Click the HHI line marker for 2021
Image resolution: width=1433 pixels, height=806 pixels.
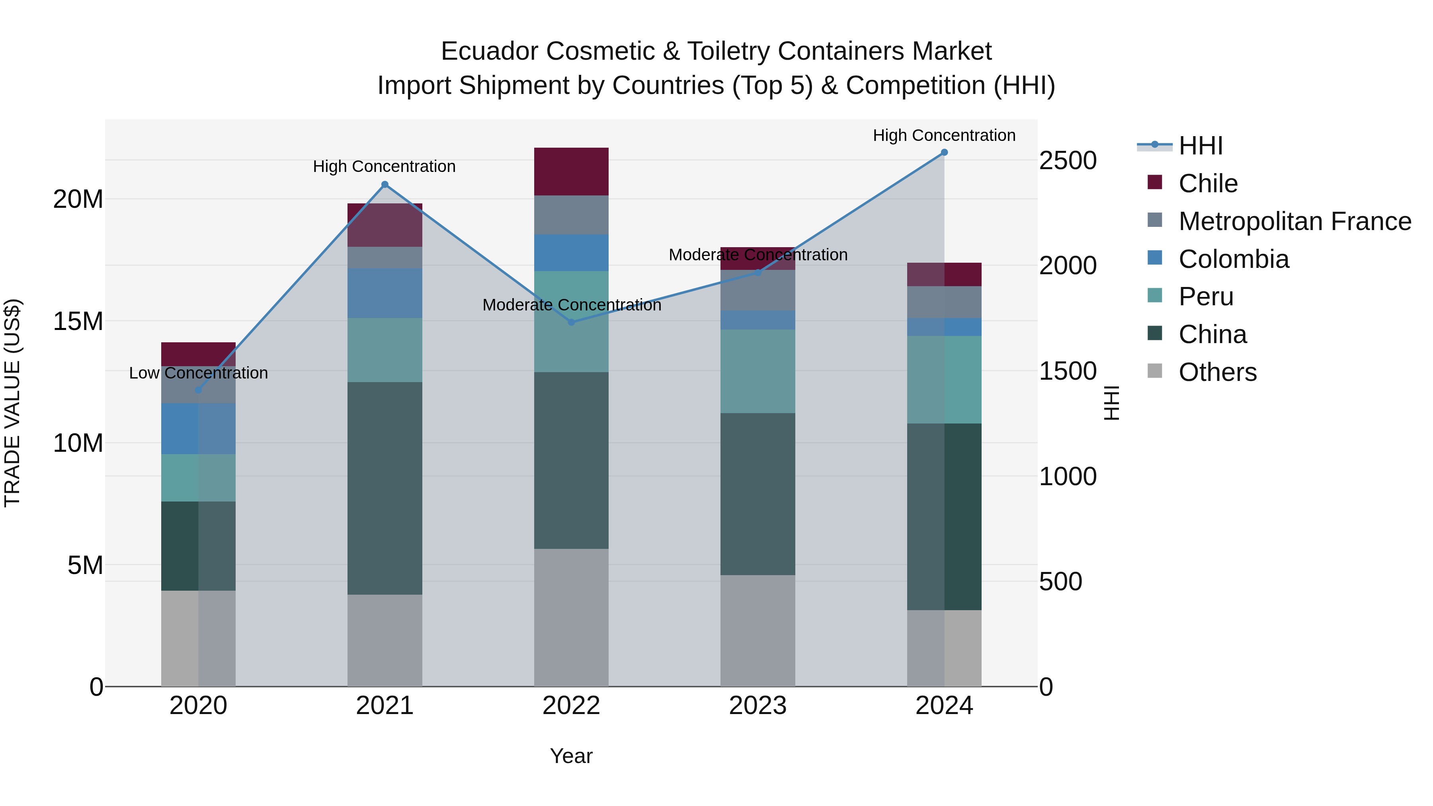click(385, 185)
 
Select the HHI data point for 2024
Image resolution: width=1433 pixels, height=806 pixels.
click(944, 152)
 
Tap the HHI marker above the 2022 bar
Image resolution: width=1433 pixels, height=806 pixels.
click(571, 322)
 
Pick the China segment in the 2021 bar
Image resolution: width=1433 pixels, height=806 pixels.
click(385, 488)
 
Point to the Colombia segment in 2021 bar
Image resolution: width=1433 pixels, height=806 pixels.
click(385, 293)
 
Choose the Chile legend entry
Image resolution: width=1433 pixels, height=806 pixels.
click(1207, 183)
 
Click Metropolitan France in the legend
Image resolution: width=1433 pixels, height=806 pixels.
click(1294, 221)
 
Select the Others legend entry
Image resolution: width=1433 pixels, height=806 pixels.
click(1217, 372)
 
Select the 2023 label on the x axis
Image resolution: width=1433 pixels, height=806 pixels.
click(757, 706)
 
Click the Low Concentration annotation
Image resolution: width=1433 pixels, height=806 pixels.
click(198, 373)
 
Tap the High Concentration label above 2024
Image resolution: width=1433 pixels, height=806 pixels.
click(944, 135)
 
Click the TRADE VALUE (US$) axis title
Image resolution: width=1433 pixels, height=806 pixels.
click(12, 403)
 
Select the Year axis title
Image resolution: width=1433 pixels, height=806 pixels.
click(571, 756)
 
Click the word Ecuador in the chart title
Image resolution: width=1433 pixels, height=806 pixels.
click(490, 51)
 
